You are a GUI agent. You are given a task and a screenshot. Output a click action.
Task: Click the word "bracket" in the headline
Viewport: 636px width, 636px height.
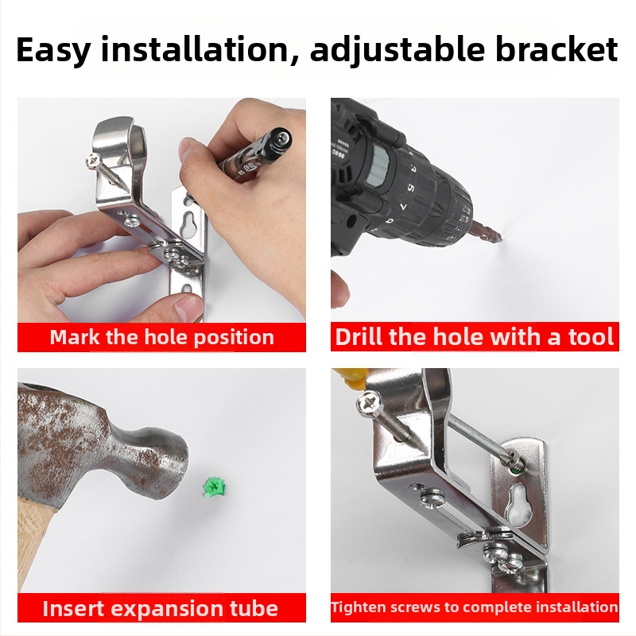[x=556, y=49]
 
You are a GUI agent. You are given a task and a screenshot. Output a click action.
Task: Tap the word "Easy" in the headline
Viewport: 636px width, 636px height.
[x=53, y=51]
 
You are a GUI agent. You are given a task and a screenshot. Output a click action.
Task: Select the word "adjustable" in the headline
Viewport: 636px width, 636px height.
[x=397, y=51]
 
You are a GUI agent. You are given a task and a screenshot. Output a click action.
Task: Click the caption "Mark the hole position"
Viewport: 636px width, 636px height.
[x=162, y=337]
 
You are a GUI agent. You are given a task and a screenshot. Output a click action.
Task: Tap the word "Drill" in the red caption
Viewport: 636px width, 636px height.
[x=359, y=336]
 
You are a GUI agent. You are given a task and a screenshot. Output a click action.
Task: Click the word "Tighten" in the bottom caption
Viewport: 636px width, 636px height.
[x=353, y=607]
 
